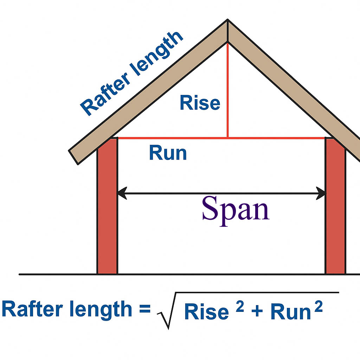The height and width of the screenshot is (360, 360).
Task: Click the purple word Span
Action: [235, 210]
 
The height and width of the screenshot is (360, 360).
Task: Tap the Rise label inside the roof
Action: [200, 103]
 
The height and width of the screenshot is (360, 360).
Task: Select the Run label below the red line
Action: [168, 153]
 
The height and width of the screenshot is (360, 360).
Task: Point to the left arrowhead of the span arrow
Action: [122, 193]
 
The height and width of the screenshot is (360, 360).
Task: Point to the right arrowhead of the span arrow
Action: [321, 193]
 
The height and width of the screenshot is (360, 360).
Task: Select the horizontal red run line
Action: [176, 138]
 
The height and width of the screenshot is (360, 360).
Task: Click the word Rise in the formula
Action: [206, 312]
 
